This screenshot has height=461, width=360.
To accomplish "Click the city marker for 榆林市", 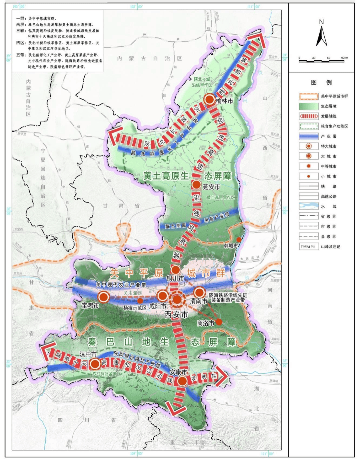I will pyautogui.click(x=210, y=99).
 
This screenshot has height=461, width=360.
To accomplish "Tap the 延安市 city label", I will pyautogui.click(x=212, y=187).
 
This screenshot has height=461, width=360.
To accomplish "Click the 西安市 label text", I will pyautogui.click(x=176, y=315).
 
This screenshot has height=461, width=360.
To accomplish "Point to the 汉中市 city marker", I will pyautogui.click(x=95, y=364).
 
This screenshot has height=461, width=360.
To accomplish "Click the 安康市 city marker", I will pyautogui.click(x=182, y=381).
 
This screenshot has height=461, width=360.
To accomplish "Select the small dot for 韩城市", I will pyautogui.click(x=239, y=240).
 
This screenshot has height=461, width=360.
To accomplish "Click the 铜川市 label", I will pyautogui.click(x=175, y=278).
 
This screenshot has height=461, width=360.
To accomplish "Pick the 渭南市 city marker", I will pyautogui.click(x=199, y=293).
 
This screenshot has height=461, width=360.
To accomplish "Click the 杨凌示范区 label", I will pyautogui.click(x=135, y=308).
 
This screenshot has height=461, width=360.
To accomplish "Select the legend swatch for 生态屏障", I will pyautogui.click(x=309, y=106).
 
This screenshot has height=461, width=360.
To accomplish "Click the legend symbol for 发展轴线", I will pyautogui.click(x=309, y=116).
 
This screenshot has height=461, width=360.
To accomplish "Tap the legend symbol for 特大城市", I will pyautogui.click(x=309, y=146).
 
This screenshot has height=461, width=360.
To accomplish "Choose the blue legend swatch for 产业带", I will pyautogui.click(x=309, y=136).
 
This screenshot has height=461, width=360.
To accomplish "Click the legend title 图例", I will pyautogui.click(x=321, y=82).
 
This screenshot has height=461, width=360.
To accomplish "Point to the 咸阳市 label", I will pyautogui.click(x=158, y=306).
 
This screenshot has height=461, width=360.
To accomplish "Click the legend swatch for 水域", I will pyautogui.click(x=309, y=206).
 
